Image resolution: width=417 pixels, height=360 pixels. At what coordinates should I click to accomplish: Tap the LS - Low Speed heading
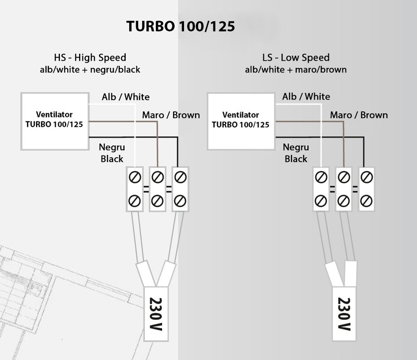[297, 57]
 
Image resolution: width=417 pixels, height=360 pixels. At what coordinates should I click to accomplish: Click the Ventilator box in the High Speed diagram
[54, 120]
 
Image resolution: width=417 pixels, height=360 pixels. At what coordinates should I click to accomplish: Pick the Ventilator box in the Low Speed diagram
[240, 120]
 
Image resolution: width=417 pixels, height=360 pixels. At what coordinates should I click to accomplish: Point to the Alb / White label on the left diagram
[125, 97]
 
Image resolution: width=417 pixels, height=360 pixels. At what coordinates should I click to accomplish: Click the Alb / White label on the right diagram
[306, 97]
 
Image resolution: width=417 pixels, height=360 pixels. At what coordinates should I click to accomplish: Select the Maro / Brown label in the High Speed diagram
[171, 115]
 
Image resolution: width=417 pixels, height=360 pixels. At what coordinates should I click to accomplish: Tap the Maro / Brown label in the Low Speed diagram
[359, 115]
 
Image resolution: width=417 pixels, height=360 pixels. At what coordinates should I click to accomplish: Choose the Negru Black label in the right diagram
[296, 153]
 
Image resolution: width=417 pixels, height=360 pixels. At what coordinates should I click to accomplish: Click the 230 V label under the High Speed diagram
[155, 314]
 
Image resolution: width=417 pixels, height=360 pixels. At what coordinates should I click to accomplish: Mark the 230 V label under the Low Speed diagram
[343, 314]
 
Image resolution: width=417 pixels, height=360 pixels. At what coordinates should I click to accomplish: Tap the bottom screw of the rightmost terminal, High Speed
[179, 200]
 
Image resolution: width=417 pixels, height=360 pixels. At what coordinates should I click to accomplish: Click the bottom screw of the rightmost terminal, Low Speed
[366, 200]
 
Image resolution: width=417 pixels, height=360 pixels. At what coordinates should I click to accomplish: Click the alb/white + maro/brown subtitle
[297, 69]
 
